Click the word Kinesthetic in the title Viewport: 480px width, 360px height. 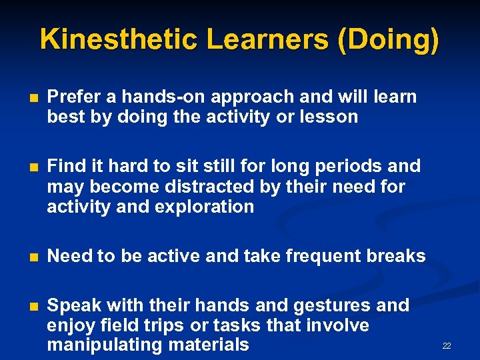[118, 39]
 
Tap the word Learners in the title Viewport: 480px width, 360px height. [267, 39]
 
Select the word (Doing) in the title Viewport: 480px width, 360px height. [389, 39]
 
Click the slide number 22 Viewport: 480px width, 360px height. [447, 345]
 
